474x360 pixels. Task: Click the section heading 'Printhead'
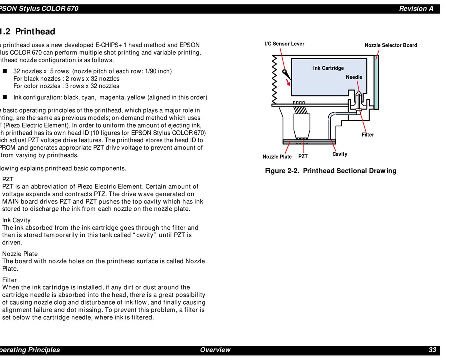point(35,32)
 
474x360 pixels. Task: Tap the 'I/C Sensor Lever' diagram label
point(284,44)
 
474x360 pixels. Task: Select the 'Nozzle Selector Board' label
point(391,45)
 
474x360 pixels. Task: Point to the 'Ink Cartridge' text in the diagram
point(328,68)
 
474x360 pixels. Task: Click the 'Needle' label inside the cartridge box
point(354,77)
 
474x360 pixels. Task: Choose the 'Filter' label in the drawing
point(367,135)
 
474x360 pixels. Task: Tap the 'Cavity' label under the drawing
point(340,154)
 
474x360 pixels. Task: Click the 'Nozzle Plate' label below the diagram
point(277,157)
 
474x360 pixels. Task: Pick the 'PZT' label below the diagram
point(303,157)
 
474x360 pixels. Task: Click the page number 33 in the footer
point(432,350)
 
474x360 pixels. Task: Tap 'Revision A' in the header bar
point(416,9)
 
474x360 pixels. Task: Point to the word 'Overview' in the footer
point(215,350)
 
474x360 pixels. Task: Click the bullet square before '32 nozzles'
point(5,71)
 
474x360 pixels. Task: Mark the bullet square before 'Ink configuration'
point(5,97)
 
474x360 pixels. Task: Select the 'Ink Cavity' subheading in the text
point(16,220)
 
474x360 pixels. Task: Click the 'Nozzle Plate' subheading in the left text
point(20,254)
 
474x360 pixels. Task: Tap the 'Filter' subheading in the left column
point(10,280)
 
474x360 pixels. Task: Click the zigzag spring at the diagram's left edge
point(274,79)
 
